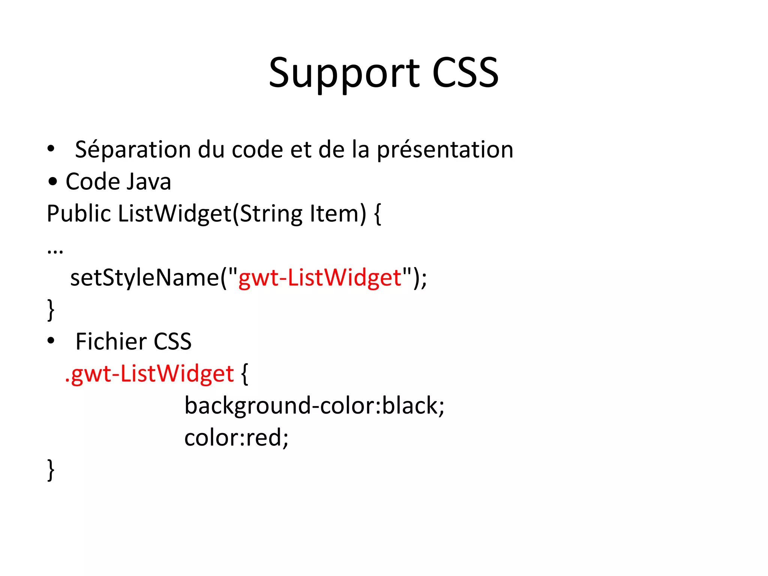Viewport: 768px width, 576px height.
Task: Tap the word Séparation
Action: point(133,150)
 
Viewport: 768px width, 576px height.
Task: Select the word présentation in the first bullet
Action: point(445,150)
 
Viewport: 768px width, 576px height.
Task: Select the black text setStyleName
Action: point(145,278)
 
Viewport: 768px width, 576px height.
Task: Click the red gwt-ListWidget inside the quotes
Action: point(320,278)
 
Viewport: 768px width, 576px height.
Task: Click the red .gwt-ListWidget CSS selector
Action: point(149,374)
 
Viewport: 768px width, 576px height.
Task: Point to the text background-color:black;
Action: point(314,406)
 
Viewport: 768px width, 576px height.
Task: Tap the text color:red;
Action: point(236,438)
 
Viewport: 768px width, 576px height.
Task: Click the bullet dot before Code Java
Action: point(53,182)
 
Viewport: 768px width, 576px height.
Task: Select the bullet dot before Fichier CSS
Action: point(51,341)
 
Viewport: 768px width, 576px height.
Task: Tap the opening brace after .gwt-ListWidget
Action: point(244,374)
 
